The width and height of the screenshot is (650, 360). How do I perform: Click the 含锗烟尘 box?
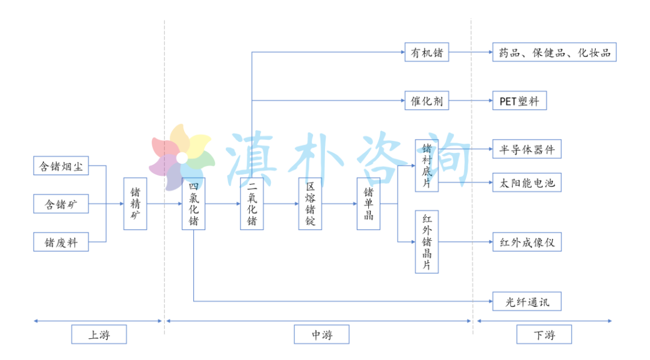[61, 166]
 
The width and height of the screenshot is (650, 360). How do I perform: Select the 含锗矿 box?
[61, 204]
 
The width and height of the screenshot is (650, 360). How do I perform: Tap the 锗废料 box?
[61, 243]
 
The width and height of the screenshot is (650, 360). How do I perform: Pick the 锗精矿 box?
[135, 203]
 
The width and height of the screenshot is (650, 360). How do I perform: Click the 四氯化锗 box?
[193, 203]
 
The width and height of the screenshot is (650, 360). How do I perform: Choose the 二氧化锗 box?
[252, 203]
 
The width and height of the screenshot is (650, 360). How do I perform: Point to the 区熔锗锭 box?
[310, 203]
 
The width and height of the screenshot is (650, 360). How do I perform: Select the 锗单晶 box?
[368, 203]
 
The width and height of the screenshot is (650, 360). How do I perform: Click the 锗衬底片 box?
[427, 166]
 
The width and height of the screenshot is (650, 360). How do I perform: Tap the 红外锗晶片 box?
[427, 242]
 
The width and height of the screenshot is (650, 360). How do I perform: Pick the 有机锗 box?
[427, 52]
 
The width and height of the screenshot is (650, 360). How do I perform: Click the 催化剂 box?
[427, 101]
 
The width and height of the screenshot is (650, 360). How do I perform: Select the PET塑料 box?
[519, 101]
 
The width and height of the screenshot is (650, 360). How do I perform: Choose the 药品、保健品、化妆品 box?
[554, 52]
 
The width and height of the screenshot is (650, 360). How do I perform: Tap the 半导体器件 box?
[527, 149]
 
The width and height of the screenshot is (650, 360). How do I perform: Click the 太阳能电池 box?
[527, 182]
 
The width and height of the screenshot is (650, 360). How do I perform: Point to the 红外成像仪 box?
[527, 242]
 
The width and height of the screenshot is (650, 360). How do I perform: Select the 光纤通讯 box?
[527, 301]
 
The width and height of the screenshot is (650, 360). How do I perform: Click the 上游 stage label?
[99, 334]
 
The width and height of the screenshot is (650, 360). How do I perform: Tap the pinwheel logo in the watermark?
[181, 158]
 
